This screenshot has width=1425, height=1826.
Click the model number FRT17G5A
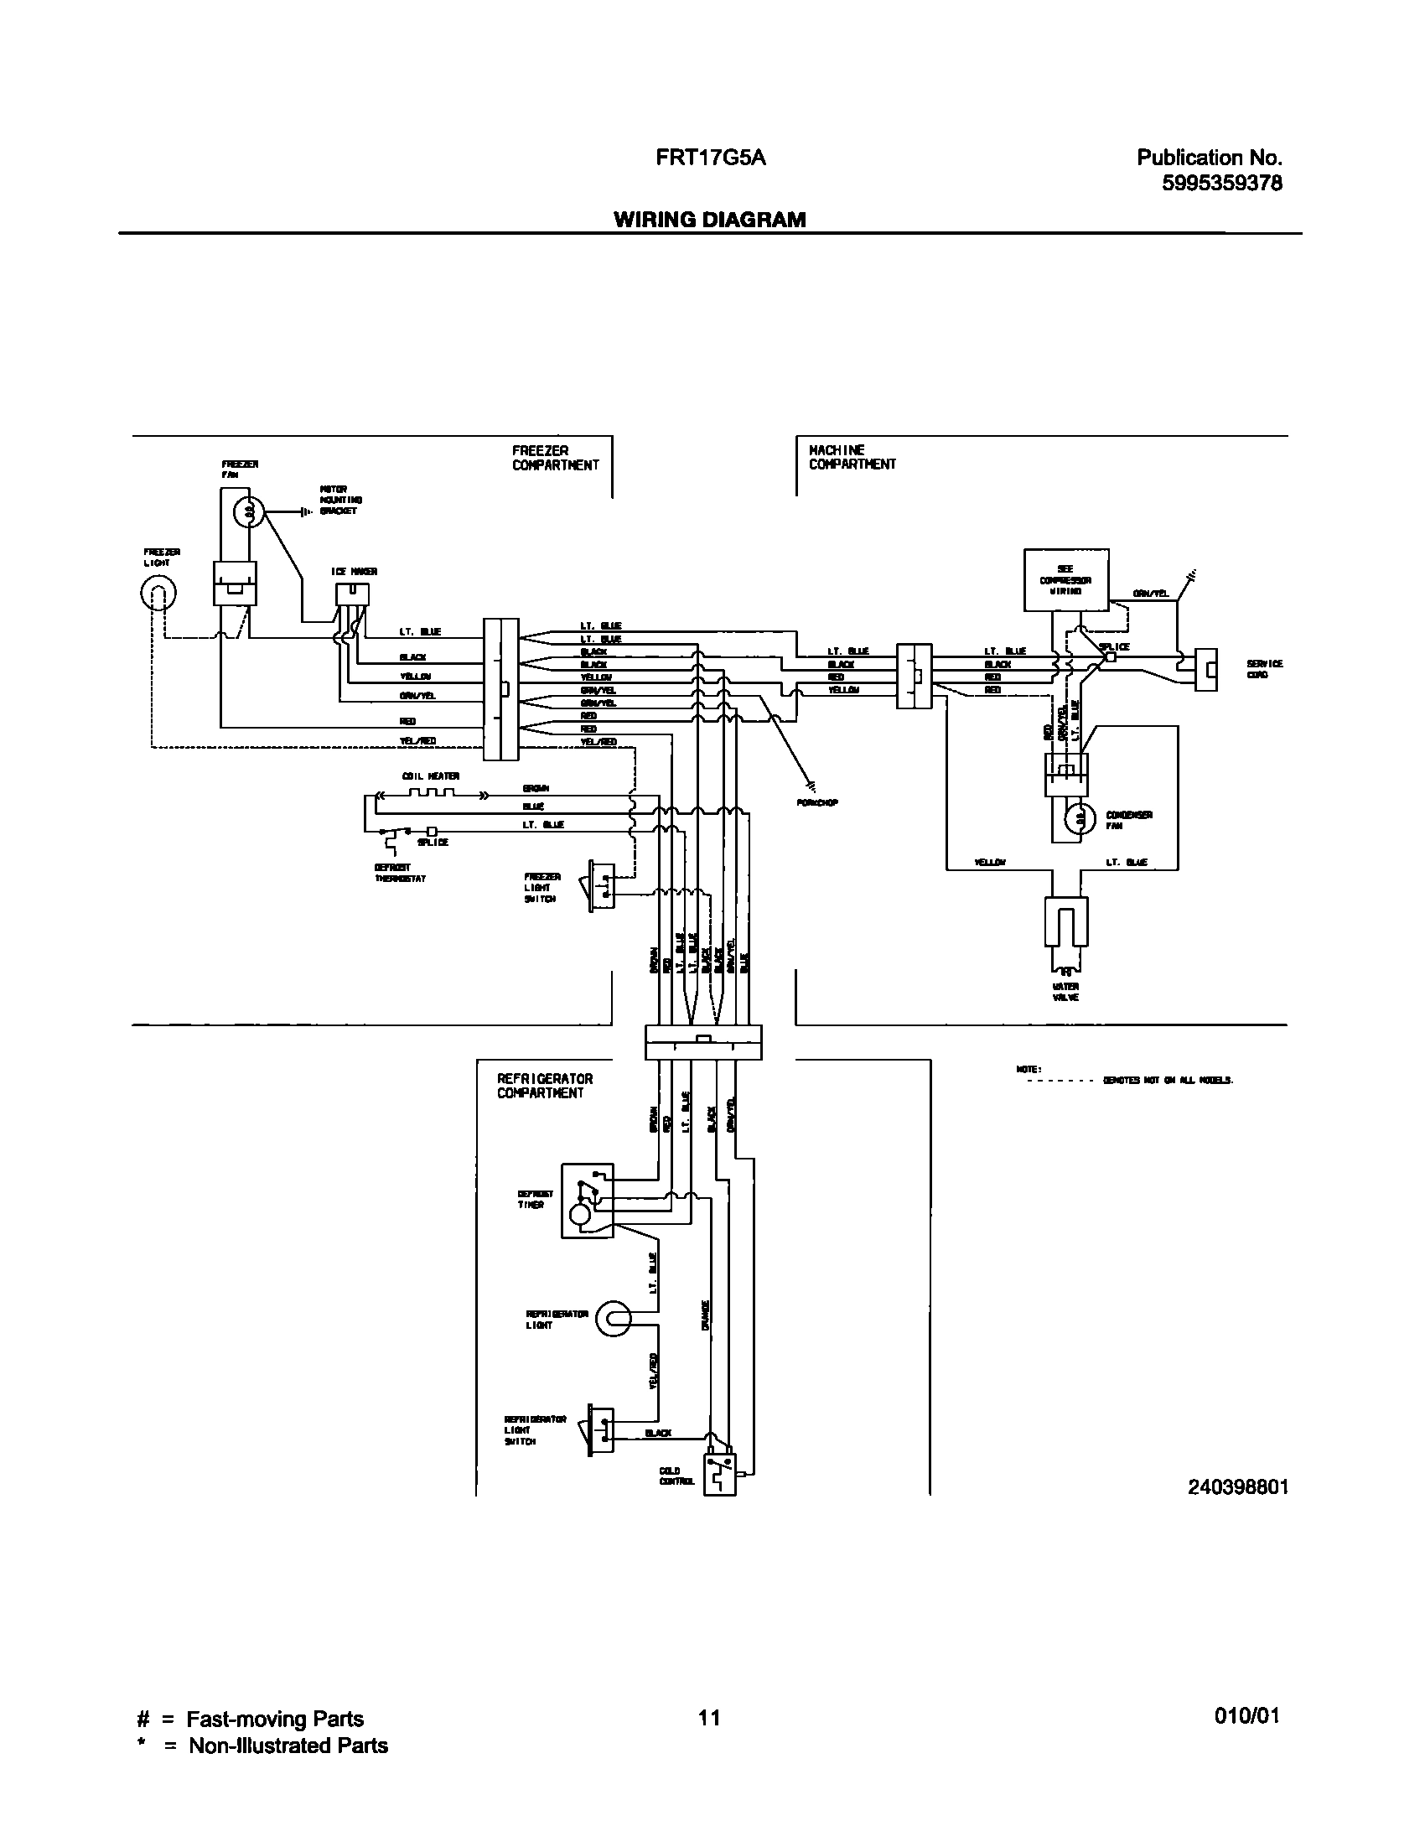711,158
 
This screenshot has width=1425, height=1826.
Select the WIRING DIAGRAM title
709,220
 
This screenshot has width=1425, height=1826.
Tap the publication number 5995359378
1221,183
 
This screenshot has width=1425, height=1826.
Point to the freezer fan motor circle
247,511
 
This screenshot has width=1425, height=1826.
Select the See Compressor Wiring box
1065,579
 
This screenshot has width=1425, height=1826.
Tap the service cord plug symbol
1205,669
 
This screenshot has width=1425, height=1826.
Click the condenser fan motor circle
1080,818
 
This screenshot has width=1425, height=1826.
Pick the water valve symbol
1065,921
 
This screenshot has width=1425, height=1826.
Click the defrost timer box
587,1200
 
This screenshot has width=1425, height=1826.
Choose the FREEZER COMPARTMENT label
555,458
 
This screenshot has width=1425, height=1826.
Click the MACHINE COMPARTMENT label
852,457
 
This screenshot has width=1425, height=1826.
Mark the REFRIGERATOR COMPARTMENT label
544,1086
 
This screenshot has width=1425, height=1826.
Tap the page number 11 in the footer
709,1718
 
